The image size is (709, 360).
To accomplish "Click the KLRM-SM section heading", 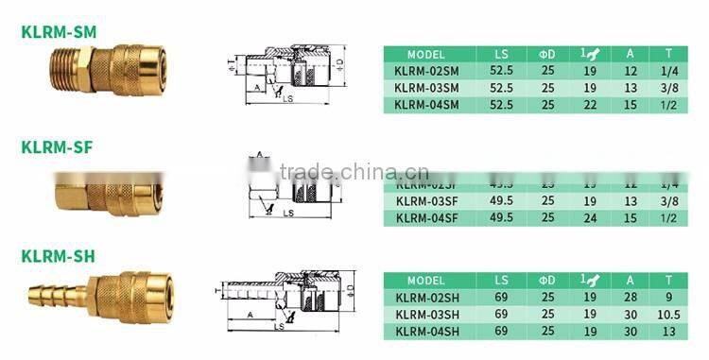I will [59, 31].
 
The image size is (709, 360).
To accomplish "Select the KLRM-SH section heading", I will [58, 256].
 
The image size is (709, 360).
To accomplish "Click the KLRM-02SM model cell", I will [426, 71].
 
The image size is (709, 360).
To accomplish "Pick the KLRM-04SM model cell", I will [426, 104].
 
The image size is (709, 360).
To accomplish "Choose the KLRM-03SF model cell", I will [426, 200].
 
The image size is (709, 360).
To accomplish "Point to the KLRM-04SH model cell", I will [426, 331].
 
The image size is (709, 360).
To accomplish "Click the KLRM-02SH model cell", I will [426, 298].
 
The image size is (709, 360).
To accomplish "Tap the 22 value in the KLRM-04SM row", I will [591, 104].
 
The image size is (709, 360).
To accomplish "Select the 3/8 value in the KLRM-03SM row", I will [670, 87].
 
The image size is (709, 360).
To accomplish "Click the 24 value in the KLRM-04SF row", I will [591, 217].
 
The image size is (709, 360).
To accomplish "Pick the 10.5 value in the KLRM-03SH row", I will [670, 314].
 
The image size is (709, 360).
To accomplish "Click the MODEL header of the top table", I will [426, 54].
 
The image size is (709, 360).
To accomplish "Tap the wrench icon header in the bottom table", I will [590, 281].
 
